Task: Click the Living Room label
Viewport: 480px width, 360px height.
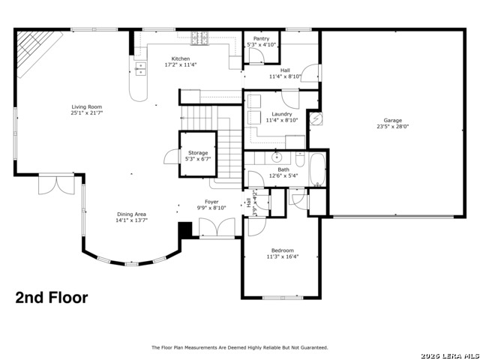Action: coord(87,106)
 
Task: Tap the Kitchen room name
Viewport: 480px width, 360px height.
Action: coord(181,58)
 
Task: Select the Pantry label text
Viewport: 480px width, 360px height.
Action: coord(262,38)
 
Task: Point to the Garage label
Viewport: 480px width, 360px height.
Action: coord(392,121)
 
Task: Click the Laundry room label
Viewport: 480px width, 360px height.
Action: coord(282,114)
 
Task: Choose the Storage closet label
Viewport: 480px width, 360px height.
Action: coord(198,153)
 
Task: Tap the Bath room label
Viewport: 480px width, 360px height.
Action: coord(283,169)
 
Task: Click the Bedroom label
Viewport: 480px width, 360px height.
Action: coord(283,250)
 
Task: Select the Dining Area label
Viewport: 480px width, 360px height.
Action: coord(131,214)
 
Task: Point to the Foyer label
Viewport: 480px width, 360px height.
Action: coord(212,202)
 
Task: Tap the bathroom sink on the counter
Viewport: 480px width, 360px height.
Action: coord(277,157)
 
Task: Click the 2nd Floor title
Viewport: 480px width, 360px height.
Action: coord(52,298)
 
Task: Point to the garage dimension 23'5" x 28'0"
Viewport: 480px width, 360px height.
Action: coord(392,127)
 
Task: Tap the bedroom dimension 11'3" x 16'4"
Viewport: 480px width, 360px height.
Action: coord(283,256)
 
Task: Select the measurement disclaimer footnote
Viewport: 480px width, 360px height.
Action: coord(240,347)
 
